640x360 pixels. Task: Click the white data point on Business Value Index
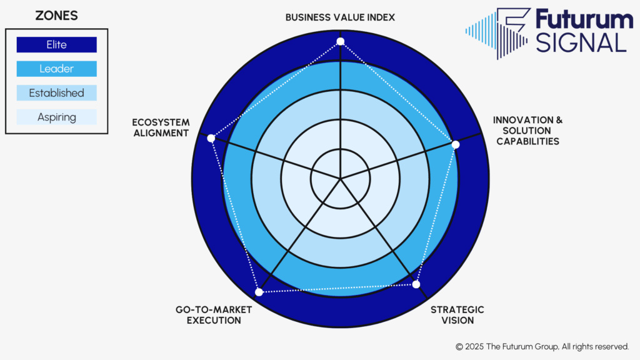pyautogui.click(x=341, y=42)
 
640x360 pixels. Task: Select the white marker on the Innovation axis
pyautogui.click(x=456, y=144)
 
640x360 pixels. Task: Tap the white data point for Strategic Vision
pyautogui.click(x=416, y=284)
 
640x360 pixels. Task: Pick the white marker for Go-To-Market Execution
pyautogui.click(x=259, y=292)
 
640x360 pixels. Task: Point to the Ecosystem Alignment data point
pyautogui.click(x=211, y=138)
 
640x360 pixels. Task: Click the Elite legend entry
pyautogui.click(x=56, y=45)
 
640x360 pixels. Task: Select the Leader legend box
pyautogui.click(x=56, y=69)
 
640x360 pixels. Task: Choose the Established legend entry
pyautogui.click(x=56, y=93)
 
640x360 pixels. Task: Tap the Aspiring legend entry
pyautogui.click(x=56, y=117)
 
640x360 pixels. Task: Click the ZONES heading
pyautogui.click(x=56, y=16)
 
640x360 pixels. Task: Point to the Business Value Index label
pyautogui.click(x=340, y=17)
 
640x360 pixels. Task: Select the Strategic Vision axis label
pyautogui.click(x=457, y=315)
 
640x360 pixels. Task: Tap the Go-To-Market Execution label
pyautogui.click(x=214, y=315)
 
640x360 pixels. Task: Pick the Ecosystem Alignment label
pyautogui.click(x=161, y=127)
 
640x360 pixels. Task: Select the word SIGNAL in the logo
pyautogui.click(x=581, y=43)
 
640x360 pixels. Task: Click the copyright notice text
pyautogui.click(x=542, y=347)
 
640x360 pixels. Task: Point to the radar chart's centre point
pyautogui.click(x=340, y=179)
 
